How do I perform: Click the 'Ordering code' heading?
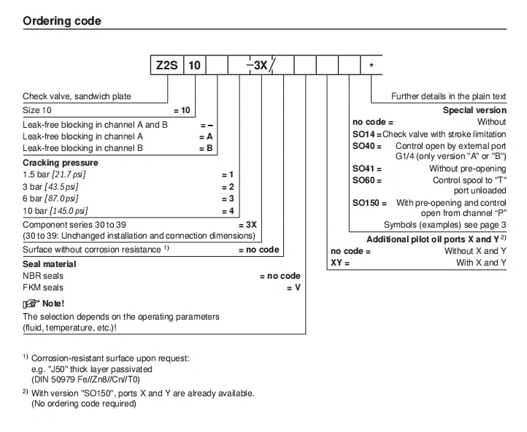[62, 20]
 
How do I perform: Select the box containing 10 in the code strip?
[194, 66]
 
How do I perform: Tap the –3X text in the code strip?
[257, 66]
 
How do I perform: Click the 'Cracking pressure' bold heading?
[60, 162]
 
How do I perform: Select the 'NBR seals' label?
[43, 276]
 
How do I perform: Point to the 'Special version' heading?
[474, 110]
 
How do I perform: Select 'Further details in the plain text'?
[448, 96]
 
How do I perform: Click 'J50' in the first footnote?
[56, 369]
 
